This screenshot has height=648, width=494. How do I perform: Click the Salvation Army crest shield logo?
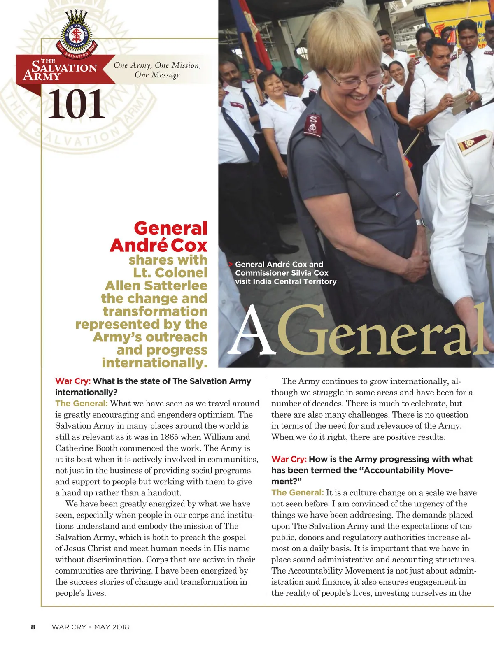[76, 35]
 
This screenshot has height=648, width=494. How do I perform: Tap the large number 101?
[76, 105]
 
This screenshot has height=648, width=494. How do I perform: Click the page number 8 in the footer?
[33, 627]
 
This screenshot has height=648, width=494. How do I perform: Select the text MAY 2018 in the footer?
[112, 627]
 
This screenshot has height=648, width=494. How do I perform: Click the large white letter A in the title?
[252, 331]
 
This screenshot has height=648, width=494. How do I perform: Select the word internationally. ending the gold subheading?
[154, 363]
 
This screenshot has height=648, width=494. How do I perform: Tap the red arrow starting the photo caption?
[231, 265]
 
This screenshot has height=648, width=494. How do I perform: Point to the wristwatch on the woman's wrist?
[420, 223]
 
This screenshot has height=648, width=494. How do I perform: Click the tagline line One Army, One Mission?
[157, 65]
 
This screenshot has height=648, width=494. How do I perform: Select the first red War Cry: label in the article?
[73, 381]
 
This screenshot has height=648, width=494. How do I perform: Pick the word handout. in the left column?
[165, 492]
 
